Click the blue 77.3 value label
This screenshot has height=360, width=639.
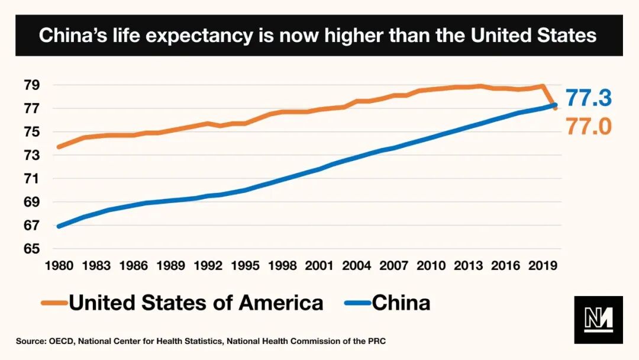tap(588, 98)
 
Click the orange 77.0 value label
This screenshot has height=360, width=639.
tap(588, 126)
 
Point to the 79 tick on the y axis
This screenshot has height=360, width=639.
tap(31, 85)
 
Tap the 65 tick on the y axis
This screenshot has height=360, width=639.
tap(31, 249)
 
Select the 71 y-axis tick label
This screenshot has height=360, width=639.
tap(31, 179)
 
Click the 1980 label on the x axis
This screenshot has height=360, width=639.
tap(59, 265)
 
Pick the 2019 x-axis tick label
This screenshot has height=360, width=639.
tap(543, 265)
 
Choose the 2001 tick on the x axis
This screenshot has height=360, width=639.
tap(319, 265)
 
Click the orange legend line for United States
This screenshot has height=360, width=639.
tap(54, 303)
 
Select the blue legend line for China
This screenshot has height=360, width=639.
tap(357, 303)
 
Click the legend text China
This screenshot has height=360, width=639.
tap(401, 303)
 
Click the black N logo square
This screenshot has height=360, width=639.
tap(598, 320)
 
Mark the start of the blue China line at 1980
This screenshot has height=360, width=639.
tap(59, 226)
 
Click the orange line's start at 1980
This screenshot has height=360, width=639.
tap(59, 147)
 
